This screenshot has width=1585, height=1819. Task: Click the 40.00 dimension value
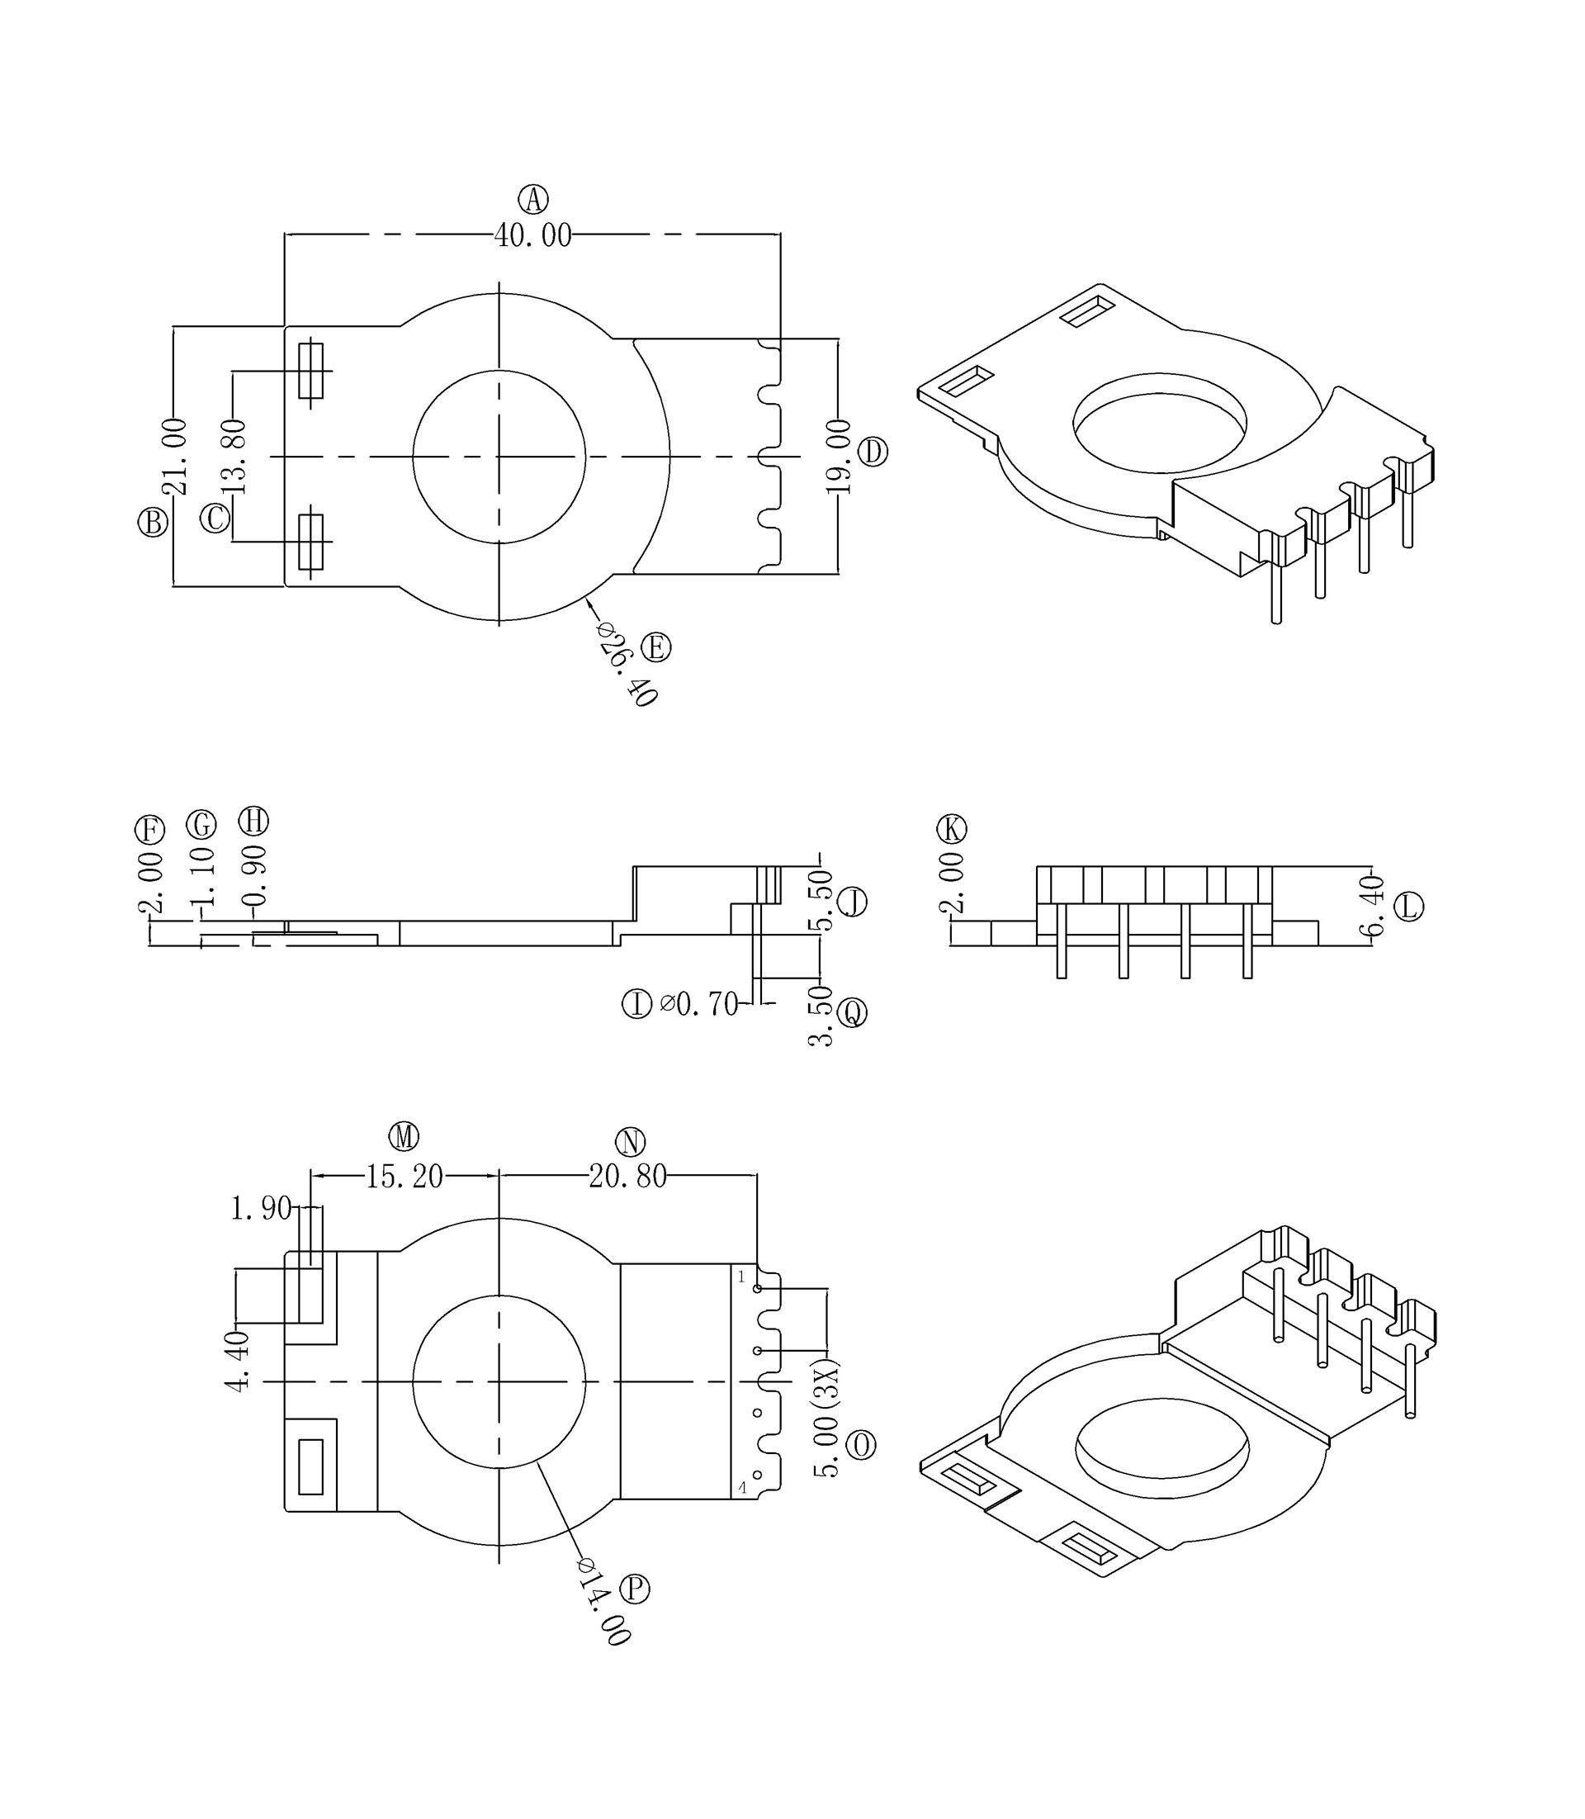532,235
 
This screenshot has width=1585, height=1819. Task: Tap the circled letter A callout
532,199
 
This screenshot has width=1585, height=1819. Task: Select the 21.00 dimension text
174,457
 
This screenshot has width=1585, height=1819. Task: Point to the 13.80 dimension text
234,457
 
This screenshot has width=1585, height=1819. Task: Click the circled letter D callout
873,452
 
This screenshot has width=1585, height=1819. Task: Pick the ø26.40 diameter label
629,664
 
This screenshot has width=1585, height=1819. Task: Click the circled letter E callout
655,647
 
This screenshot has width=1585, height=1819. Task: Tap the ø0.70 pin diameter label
698,1004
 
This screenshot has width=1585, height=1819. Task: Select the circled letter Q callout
853,1012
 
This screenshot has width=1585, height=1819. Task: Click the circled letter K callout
952,829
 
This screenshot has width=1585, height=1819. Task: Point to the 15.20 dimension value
405,1177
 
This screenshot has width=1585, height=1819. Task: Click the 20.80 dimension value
628,1177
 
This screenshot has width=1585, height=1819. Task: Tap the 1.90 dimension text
261,1208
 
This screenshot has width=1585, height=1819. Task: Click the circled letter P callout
634,1589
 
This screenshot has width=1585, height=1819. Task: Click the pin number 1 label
741,1277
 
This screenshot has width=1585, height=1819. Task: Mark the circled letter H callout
254,821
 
